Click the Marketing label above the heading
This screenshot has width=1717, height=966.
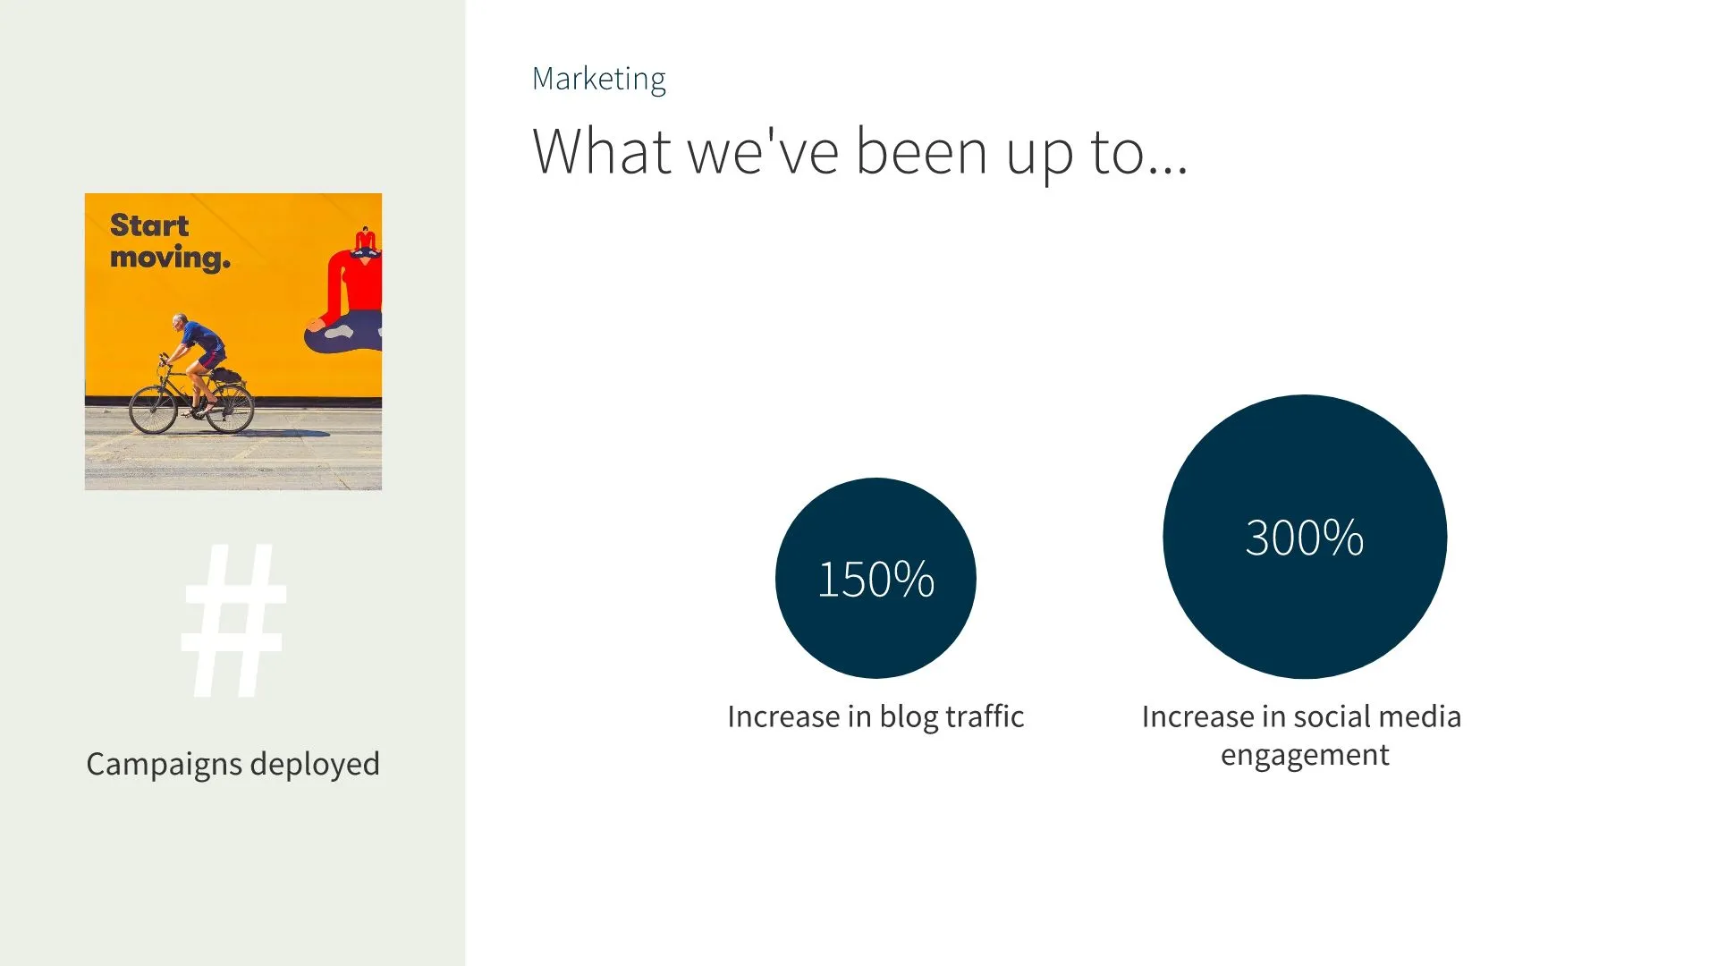(598, 80)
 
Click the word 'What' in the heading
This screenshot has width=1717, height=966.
(601, 151)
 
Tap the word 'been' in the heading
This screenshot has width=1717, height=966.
(921, 151)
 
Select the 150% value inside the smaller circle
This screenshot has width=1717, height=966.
(875, 579)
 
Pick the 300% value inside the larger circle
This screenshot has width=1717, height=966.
(1304, 538)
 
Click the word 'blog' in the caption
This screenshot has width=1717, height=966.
(909, 717)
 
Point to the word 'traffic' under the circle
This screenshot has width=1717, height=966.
(985, 716)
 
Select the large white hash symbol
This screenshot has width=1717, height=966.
(233, 620)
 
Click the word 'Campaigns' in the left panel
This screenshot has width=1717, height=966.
(164, 765)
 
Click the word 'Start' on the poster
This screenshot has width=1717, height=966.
(149, 225)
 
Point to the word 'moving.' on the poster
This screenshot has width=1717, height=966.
(170, 258)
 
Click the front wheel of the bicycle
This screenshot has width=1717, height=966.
(153, 411)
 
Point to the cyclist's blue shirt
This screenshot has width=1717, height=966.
(204, 338)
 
